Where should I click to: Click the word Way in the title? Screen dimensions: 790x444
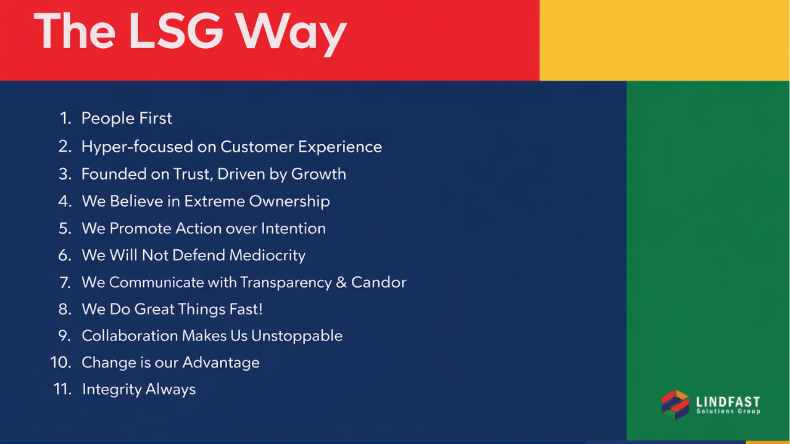click(291, 34)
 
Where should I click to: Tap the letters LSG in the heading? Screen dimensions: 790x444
click(176, 31)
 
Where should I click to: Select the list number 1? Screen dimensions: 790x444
click(65, 118)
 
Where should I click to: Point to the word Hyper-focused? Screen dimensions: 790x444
click(137, 147)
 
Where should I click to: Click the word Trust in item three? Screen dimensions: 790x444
click(193, 174)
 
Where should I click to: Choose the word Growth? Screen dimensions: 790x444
click(318, 174)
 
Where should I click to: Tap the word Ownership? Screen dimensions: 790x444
click(289, 202)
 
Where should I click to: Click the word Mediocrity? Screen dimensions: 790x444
click(267, 256)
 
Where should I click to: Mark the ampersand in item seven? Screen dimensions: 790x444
click(341, 282)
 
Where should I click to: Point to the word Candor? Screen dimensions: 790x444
click(379, 282)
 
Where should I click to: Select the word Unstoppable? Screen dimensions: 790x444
click(297, 336)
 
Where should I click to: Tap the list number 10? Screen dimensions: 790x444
click(61, 363)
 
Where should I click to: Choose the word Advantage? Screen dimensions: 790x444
click(221, 363)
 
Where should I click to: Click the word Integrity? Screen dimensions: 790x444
click(112, 390)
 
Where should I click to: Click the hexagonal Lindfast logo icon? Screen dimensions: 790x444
click(675, 405)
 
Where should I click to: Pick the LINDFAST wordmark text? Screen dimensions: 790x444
click(728, 402)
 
